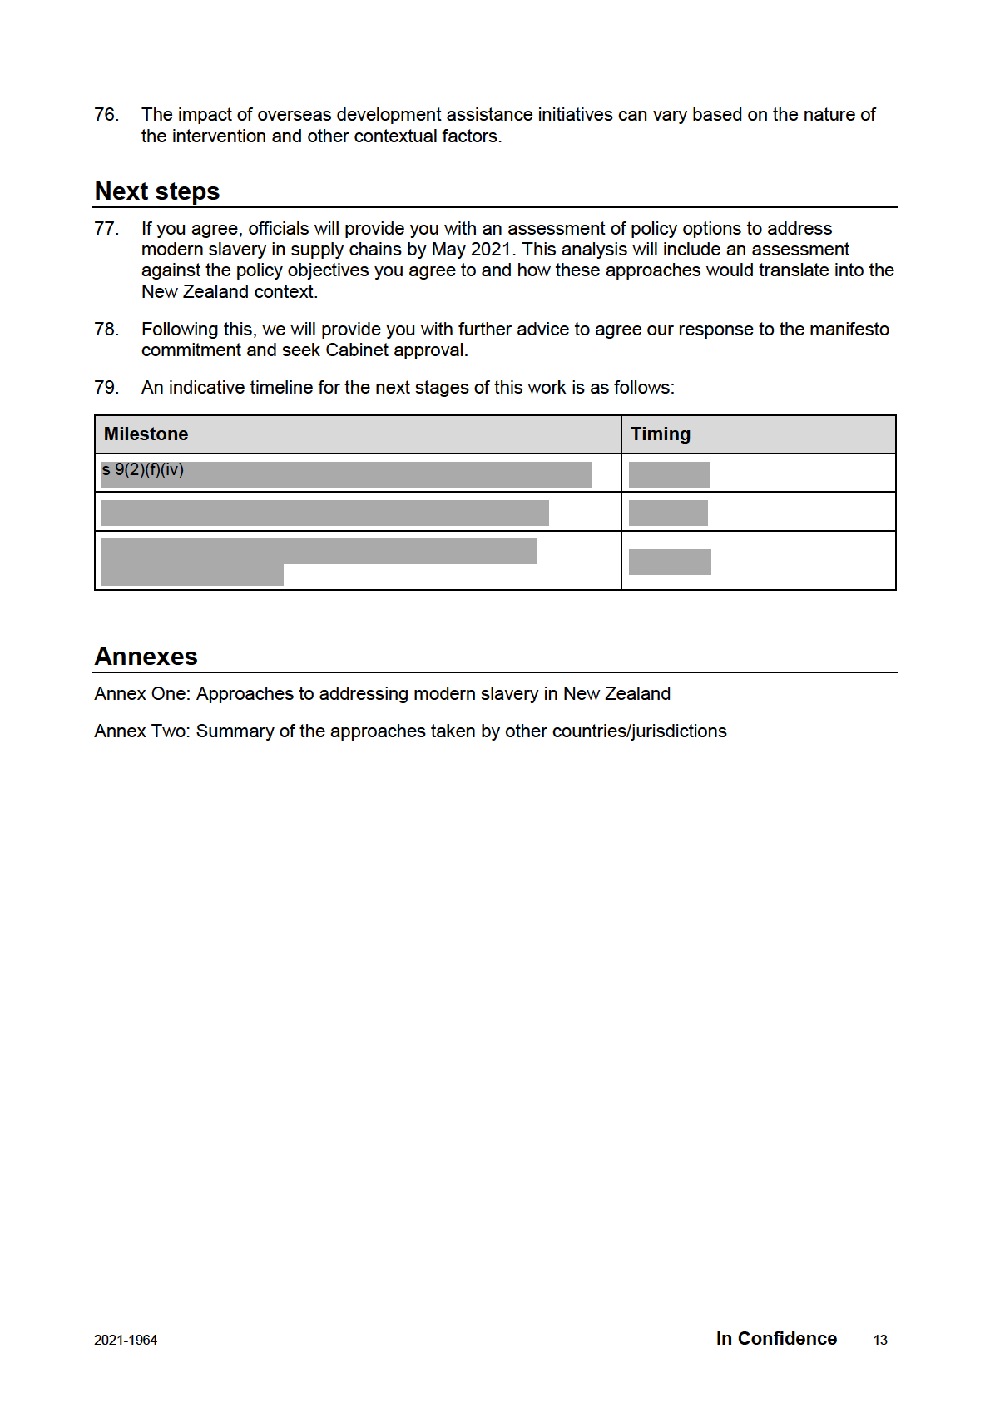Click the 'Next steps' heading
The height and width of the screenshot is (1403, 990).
tap(157, 191)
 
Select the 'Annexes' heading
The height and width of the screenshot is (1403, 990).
tap(146, 657)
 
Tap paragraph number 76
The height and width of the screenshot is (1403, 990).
tap(106, 115)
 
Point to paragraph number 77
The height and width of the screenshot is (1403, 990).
tap(106, 229)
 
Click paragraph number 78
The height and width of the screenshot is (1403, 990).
tap(106, 330)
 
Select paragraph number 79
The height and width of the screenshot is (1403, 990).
tap(106, 388)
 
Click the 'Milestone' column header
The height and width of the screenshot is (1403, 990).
tap(146, 434)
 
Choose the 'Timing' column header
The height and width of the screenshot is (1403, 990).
tap(661, 434)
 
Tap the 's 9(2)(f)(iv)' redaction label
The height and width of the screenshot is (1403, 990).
tap(143, 470)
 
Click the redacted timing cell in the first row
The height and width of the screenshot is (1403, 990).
tap(669, 474)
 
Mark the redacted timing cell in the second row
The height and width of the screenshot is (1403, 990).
tap(668, 513)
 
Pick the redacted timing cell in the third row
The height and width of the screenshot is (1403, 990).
tap(670, 562)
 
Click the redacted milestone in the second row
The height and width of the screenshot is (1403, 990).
tap(324, 513)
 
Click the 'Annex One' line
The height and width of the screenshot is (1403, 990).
tap(383, 694)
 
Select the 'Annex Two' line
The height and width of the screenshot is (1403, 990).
tap(410, 731)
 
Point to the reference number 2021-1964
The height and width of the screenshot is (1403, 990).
tap(126, 1340)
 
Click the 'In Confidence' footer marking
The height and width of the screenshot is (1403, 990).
tap(776, 1339)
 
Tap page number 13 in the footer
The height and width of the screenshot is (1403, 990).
tap(880, 1340)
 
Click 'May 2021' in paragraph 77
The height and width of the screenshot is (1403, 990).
tap(471, 250)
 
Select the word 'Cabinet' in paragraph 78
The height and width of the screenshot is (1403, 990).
tap(357, 350)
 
